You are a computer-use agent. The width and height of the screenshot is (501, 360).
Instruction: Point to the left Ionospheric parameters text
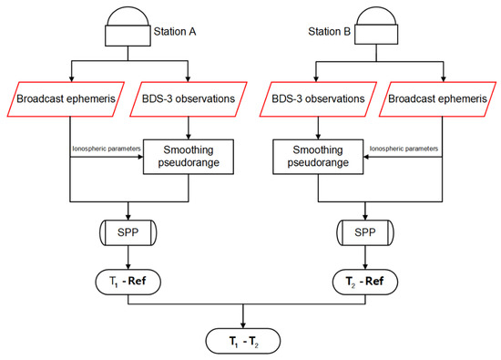point(105,147)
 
